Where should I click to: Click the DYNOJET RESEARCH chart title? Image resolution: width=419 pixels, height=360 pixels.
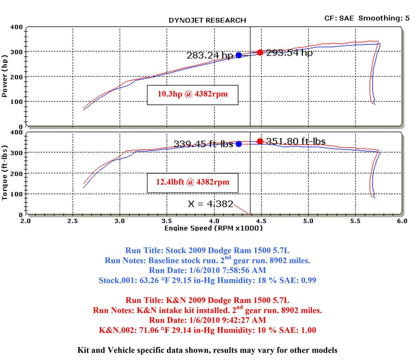click(207, 20)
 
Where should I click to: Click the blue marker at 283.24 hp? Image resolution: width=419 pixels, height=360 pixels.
click(239, 55)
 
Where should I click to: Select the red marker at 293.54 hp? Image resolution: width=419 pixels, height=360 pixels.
click(260, 52)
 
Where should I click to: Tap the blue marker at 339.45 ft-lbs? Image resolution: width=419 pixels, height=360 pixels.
click(239, 144)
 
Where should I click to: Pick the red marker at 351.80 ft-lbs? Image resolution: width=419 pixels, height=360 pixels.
click(260, 141)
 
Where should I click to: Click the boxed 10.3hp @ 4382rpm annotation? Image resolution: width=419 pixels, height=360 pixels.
click(192, 95)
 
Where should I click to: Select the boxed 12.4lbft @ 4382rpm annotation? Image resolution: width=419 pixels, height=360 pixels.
click(192, 182)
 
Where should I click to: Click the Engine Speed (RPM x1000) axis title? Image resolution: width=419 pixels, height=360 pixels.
click(213, 228)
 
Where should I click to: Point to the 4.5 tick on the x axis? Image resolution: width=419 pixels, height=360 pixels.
click(260, 221)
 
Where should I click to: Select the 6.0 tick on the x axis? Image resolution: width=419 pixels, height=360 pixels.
click(402, 221)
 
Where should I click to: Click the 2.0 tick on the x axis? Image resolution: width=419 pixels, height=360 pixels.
click(25, 221)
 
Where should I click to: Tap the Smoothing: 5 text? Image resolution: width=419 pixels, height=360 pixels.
click(384, 18)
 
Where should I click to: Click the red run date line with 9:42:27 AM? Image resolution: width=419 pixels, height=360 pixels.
click(207, 320)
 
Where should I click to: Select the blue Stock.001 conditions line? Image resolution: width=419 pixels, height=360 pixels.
click(207, 280)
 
